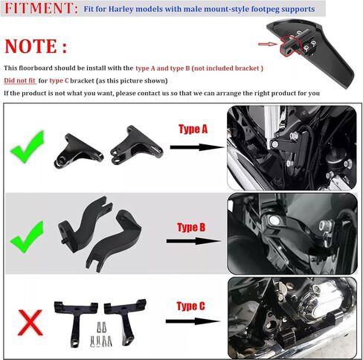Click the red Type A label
point(195,129)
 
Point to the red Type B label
point(195,226)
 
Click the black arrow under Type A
point(196,147)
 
